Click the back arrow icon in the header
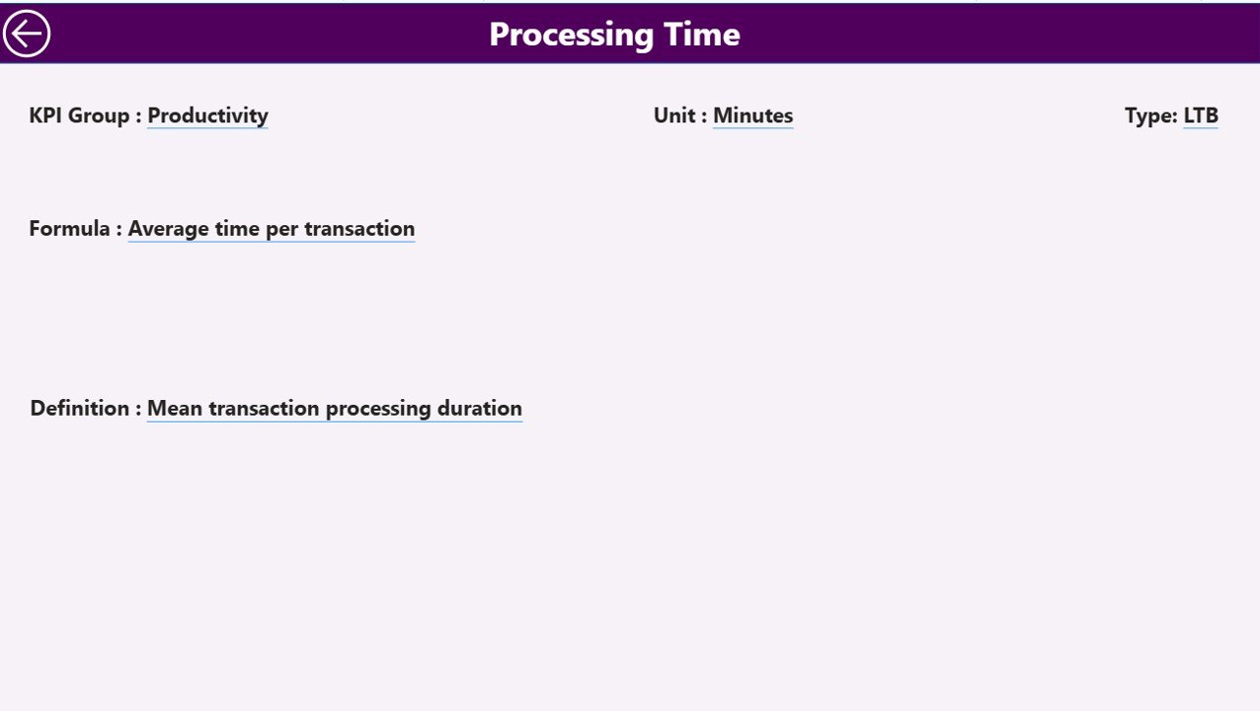tap(27, 34)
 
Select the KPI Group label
tap(79, 116)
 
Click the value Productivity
tap(207, 116)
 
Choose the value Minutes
tap(752, 116)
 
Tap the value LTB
tap(1201, 116)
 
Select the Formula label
tap(69, 229)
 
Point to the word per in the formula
tap(281, 229)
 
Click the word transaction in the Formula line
tap(359, 229)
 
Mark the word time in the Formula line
tap(237, 229)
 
